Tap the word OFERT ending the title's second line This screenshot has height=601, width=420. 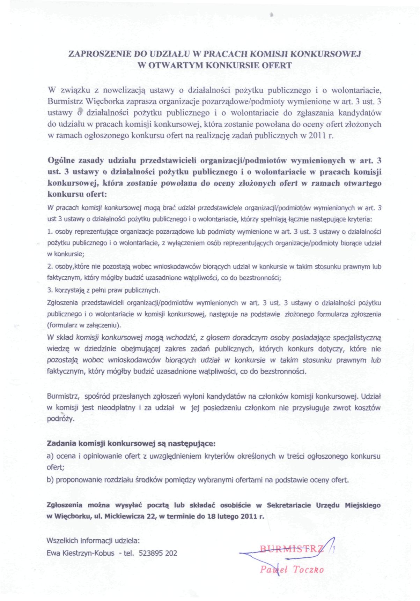(x=278, y=65)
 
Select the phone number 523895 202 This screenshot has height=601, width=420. (x=158, y=553)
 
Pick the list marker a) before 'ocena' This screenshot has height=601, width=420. (x=50, y=456)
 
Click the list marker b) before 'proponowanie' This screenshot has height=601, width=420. (x=50, y=480)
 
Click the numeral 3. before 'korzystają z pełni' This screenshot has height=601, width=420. (x=49, y=290)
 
